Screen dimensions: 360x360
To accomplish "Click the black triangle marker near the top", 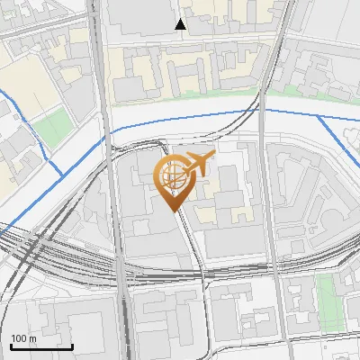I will (181, 24).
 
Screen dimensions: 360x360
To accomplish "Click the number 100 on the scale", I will (18, 337).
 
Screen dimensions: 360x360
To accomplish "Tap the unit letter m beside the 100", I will (31, 337).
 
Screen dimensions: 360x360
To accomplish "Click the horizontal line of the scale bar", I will (41, 346).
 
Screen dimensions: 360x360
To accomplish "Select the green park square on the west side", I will (56, 126).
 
